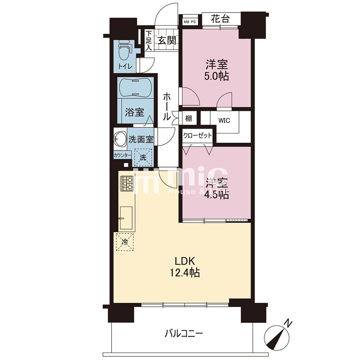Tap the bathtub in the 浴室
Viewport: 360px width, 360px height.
pyautogui.click(x=135, y=87)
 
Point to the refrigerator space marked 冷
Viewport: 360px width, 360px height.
pyautogui.click(x=125, y=242)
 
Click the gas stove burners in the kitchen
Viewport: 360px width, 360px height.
pyautogui.click(x=126, y=184)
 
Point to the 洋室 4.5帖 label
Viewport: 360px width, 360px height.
pyautogui.click(x=217, y=189)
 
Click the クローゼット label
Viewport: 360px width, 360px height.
pyautogui.click(x=197, y=136)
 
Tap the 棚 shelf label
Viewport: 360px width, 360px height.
pyautogui.click(x=189, y=118)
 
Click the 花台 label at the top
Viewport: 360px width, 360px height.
pyautogui.click(x=220, y=19)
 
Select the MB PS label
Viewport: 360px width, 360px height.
pyautogui.click(x=190, y=21)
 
